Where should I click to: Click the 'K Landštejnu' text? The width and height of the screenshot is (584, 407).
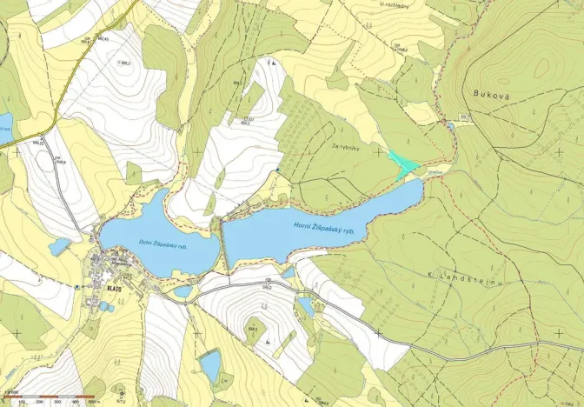(x=456, y=275)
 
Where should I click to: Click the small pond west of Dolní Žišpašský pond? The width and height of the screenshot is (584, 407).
(x=59, y=247)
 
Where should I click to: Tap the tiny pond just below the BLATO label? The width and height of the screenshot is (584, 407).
(x=103, y=306)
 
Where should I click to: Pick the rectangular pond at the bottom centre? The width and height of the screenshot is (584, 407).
(x=210, y=364)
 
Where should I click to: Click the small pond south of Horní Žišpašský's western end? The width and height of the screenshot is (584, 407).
(x=305, y=306)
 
